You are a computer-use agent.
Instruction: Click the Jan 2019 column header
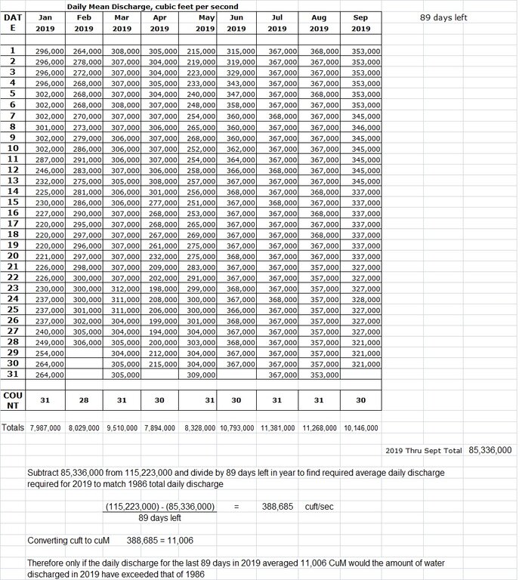point(45,23)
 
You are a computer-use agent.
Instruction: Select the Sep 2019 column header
point(361,23)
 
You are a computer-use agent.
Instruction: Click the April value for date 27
point(159,331)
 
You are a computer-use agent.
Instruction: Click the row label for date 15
point(12,202)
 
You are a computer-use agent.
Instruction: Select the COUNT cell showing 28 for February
point(84,400)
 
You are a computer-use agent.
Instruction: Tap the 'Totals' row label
point(13,427)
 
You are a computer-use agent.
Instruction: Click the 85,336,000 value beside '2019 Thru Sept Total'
point(490,450)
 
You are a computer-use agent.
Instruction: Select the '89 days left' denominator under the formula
point(160,517)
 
